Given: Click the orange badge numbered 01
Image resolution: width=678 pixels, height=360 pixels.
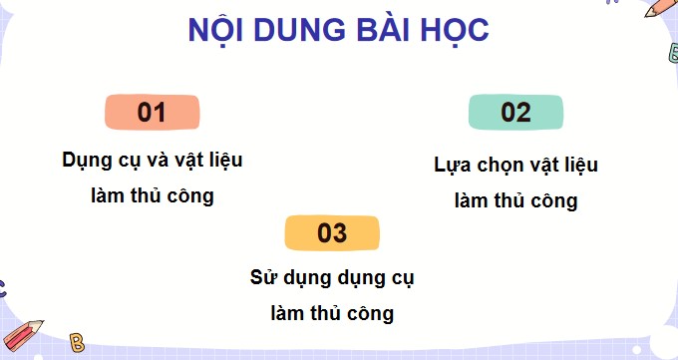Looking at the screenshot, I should pos(152,113).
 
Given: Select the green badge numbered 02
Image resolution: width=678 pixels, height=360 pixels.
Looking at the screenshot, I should pos(515,113).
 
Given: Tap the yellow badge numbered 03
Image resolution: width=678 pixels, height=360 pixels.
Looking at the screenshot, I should pos(332,233).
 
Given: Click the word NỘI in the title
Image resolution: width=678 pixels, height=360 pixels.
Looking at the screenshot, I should pos(219,31).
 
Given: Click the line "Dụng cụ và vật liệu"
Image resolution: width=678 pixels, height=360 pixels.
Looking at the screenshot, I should pos(152,160).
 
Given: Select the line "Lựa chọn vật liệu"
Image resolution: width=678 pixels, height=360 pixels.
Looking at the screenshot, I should pos(515,166).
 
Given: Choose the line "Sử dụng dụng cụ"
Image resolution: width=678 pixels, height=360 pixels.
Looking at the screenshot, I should pos(332,278).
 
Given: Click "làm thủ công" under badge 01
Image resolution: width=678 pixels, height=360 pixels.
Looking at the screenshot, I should pos(152,195).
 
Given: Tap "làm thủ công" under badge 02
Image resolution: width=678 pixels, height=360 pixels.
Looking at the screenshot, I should pos(515,200).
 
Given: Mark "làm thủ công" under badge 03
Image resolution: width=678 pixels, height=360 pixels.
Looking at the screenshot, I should pos(332,313).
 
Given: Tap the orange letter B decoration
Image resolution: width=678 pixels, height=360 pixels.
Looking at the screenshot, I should pos(78,342).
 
